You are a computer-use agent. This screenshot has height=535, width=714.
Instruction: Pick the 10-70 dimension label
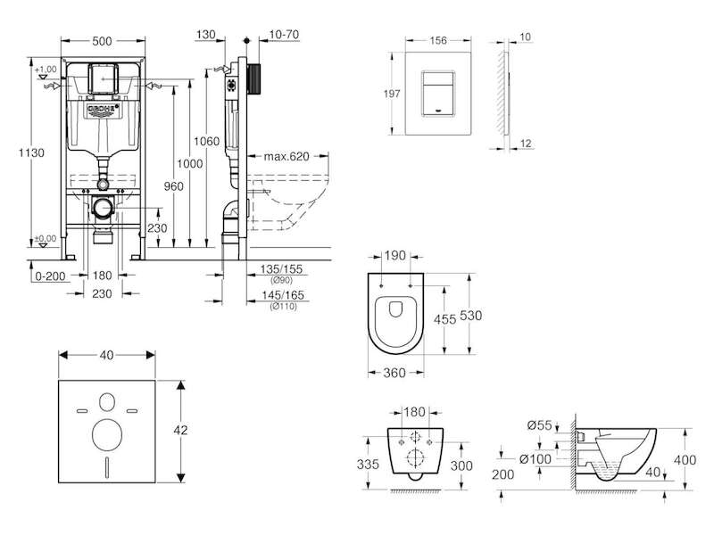280,35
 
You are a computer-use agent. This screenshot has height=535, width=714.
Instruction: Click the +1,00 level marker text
46,70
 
